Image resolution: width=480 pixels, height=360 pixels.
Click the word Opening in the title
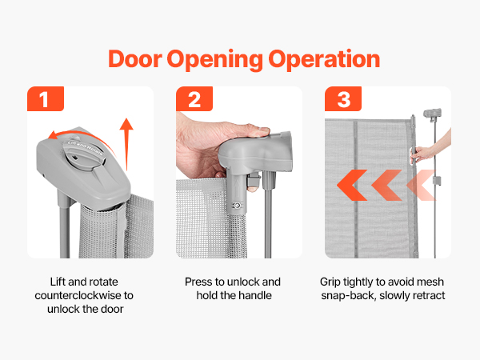[x=215, y=60]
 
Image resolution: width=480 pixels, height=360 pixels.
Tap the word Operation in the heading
[x=324, y=59]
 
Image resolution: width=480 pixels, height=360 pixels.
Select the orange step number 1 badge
[x=46, y=98]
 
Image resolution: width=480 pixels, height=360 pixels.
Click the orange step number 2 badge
[x=194, y=98]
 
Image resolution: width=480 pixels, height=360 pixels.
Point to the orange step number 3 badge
[x=343, y=98]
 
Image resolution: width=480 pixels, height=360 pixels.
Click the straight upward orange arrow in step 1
[x=126, y=144]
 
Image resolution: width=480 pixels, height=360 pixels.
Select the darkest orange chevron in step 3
[x=352, y=186]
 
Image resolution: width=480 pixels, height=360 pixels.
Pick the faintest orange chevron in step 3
[x=421, y=186]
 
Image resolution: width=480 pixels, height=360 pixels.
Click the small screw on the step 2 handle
[x=236, y=206]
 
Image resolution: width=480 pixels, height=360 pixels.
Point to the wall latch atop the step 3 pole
[x=432, y=114]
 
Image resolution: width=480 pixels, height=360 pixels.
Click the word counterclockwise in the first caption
[x=78, y=295]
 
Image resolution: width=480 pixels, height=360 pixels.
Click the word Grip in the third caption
[x=330, y=282]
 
